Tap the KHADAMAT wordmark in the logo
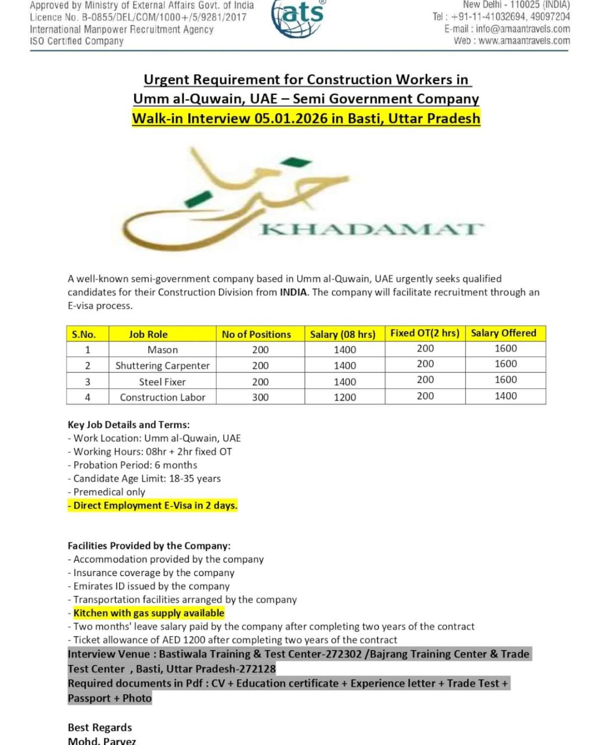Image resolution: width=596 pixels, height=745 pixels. tap(371, 228)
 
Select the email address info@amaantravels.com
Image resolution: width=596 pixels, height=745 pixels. tap(523, 29)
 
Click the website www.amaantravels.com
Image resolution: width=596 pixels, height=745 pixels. tap(524, 41)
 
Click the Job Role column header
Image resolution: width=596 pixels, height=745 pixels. tap(148, 334)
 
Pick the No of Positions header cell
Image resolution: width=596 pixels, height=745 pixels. tap(256, 334)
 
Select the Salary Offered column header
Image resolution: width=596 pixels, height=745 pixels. tap(503, 333)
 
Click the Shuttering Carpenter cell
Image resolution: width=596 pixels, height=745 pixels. tap(162, 365)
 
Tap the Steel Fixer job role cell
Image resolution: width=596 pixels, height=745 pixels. tap(162, 381)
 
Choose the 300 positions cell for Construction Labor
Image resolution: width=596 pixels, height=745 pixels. tap(260, 397)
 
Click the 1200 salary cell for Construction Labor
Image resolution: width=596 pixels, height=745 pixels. tap(345, 397)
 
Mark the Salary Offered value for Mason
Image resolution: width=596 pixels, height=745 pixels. tap(505, 348)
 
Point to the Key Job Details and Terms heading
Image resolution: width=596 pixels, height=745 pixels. tap(129, 424)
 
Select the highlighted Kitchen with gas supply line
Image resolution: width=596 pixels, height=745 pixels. tap(148, 613)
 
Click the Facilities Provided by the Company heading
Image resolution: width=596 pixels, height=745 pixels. tap(149, 545)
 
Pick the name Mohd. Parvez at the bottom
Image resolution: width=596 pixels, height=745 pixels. tap(102, 741)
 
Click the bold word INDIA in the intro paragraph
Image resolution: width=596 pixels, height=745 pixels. tap(293, 292)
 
